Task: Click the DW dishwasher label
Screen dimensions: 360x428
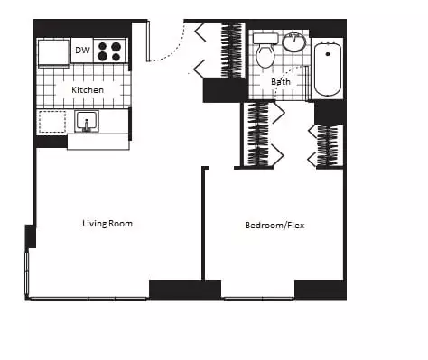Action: pos(82,51)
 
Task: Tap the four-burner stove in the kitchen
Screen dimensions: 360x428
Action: pos(110,51)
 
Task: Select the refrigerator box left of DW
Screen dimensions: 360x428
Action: pos(53,51)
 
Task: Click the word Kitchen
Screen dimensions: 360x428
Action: pos(88,90)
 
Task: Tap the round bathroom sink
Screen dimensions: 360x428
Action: pos(294,42)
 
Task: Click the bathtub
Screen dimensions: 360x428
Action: pos(327,69)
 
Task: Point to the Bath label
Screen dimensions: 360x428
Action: pos(281,82)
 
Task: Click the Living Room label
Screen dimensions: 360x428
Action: pos(107,224)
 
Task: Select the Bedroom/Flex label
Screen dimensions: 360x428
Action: pos(274,226)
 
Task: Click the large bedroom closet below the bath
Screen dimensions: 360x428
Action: pos(258,134)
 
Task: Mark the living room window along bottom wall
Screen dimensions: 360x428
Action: pos(88,299)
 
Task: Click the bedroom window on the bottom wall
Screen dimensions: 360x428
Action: pos(258,299)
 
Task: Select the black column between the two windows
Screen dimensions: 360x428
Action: pos(185,290)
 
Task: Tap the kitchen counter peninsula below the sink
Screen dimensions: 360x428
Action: pos(98,142)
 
